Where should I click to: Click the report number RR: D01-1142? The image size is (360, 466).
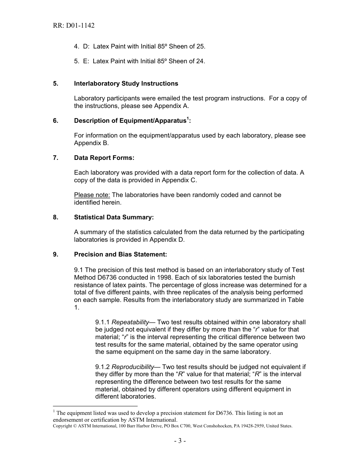coord(74,26)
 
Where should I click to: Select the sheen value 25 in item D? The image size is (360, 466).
coord(201,47)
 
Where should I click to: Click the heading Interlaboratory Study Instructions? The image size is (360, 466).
coord(126,83)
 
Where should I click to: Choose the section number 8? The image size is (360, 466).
coord(55,217)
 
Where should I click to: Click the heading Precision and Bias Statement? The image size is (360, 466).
coord(121,254)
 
